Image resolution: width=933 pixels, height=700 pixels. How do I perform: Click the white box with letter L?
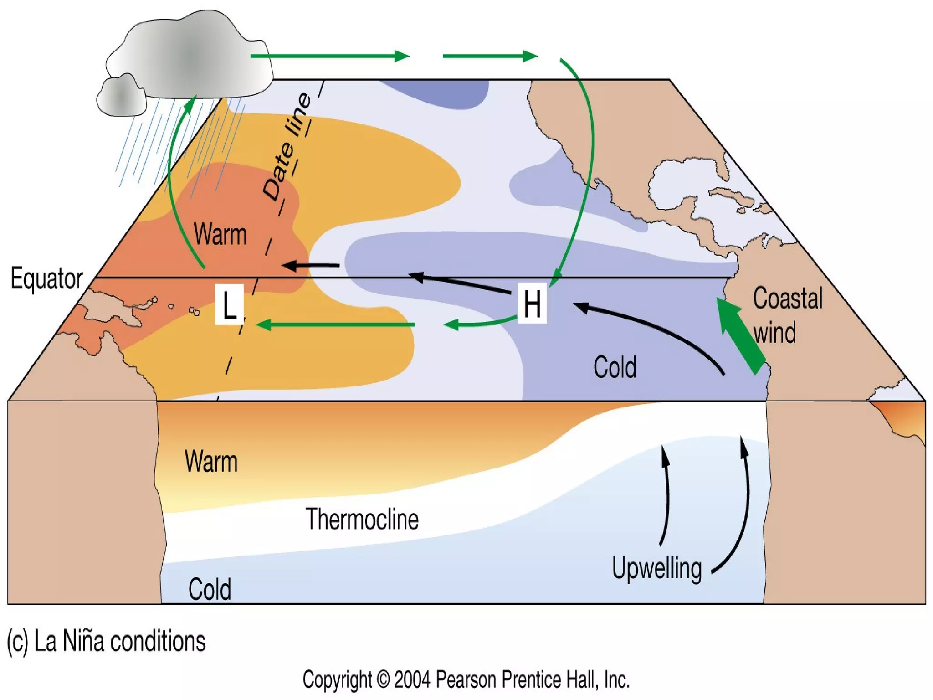coord(229,304)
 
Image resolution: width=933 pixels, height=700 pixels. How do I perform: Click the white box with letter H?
coord(532,304)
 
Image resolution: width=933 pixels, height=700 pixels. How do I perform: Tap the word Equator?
coord(46,278)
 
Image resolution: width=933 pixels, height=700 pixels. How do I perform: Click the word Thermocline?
coord(362,519)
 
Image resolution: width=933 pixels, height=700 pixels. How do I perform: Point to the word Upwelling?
coord(656,568)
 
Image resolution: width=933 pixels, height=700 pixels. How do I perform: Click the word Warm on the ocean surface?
coord(220,234)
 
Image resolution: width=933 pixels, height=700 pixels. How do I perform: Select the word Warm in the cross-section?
coord(211,462)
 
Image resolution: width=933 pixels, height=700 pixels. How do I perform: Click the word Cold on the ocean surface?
coord(615,367)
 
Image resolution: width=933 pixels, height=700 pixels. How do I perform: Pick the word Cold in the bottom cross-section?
coord(210,589)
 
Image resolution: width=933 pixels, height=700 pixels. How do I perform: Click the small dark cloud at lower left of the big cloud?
coord(121,96)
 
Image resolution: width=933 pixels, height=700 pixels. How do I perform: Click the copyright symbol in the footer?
coord(383,680)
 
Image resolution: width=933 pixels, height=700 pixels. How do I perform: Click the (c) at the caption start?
coord(17,641)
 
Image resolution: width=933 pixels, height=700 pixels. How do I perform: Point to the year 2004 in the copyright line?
coord(412,680)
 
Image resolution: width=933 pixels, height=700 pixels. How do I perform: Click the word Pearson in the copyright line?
coord(466,680)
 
